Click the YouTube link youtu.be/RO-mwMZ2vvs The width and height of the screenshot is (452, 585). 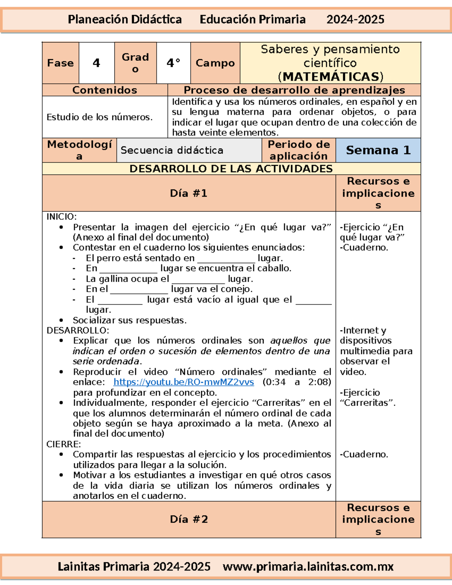pos(183,382)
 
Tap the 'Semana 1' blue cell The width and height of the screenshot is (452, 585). pos(378,150)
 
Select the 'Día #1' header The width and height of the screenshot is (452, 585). pos(189,193)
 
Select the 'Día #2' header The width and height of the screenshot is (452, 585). pos(189,519)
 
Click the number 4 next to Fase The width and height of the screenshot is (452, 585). pos(96,63)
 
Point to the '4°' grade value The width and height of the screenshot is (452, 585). pos(173,63)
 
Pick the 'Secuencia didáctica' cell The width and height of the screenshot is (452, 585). pos(172,150)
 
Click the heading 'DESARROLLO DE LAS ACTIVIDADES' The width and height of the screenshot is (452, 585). pos(231,168)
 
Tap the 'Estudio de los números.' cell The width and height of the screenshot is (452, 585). pos(99,117)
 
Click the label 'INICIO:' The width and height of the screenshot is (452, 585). pos(61,217)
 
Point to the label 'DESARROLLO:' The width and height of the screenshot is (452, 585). pos(78,330)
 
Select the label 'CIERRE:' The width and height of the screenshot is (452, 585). pos(63,444)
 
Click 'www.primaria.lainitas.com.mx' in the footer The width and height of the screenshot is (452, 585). pos(308,567)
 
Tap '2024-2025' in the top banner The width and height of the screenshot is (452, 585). pos(355,20)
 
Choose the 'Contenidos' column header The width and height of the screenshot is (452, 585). pos(105,90)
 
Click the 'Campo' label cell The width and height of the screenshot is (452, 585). pos(215,63)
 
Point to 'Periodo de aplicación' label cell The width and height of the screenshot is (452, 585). pos(298,150)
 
